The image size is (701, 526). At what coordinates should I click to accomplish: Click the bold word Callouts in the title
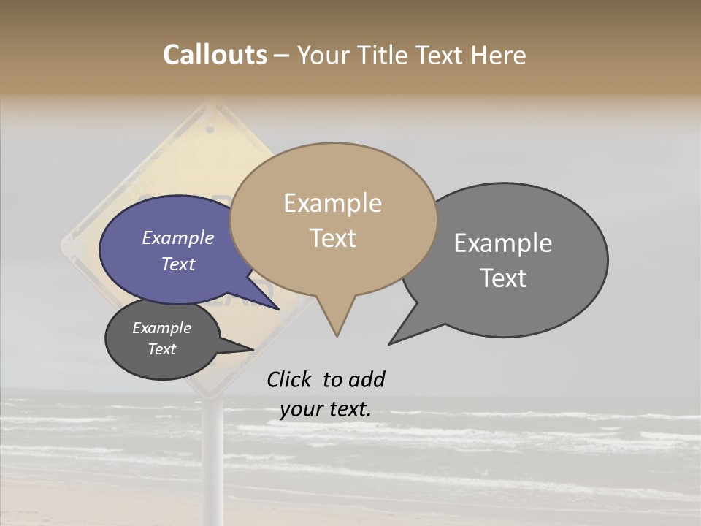tap(215, 56)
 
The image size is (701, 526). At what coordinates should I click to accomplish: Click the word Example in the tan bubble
tap(332, 203)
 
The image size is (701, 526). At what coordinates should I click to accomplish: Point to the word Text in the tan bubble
tap(332, 238)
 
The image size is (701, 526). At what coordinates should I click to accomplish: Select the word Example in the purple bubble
tap(177, 238)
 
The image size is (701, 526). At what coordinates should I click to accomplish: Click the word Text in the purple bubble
tap(177, 264)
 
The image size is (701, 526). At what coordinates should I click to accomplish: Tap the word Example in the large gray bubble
tap(503, 243)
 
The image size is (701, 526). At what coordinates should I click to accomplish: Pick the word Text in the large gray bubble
tap(503, 278)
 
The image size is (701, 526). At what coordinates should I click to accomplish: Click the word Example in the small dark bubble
tap(161, 328)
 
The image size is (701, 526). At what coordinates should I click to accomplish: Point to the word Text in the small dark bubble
tap(161, 349)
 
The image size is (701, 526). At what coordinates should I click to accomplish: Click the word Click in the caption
tap(290, 380)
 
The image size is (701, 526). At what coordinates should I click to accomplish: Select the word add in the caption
tap(366, 380)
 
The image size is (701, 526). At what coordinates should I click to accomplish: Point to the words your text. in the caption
tap(325, 409)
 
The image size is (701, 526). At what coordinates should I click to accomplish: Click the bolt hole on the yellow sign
tap(211, 130)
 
